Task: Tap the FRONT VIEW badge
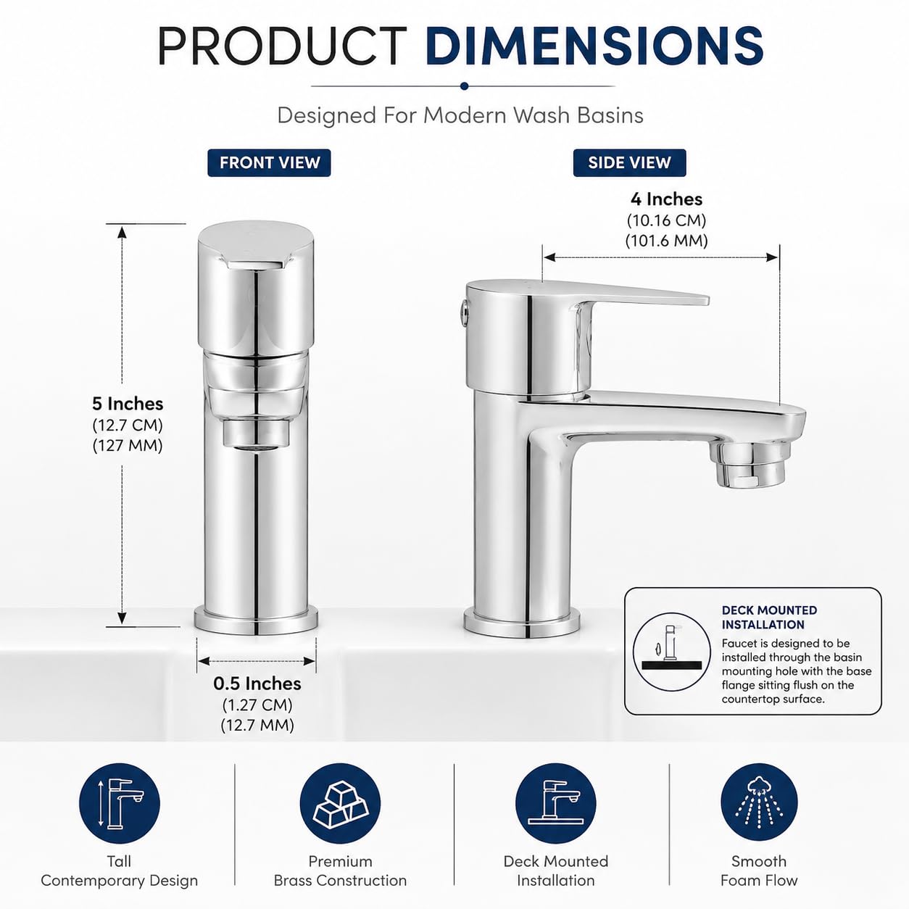(x=269, y=163)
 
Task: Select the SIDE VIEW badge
(x=629, y=163)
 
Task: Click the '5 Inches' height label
(x=128, y=404)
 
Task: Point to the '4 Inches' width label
(x=667, y=199)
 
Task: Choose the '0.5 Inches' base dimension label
(x=257, y=684)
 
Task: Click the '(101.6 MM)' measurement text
(x=667, y=241)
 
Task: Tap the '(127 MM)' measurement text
(x=128, y=445)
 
